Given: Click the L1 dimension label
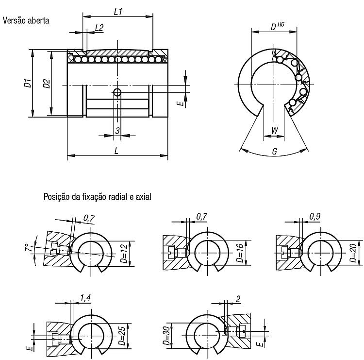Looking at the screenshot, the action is click(118, 12).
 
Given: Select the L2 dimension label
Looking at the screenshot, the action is click(99, 28).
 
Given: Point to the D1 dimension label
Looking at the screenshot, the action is click(28, 83).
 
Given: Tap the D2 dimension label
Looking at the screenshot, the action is click(47, 84).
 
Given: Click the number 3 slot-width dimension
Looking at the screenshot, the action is click(117, 131).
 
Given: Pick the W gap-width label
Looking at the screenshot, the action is click(274, 131).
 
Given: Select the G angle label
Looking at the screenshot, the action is click(275, 152).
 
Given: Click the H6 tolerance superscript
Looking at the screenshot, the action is click(281, 24).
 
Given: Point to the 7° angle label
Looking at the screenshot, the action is click(28, 247).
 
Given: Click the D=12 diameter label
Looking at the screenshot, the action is click(124, 254).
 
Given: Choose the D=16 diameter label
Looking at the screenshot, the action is click(241, 253).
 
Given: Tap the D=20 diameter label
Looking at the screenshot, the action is click(353, 253).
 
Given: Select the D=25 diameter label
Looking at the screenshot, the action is click(123, 335).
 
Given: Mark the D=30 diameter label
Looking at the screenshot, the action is click(166, 336).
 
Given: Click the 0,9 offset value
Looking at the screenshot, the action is click(315, 217).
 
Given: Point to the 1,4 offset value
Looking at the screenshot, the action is click(85, 297).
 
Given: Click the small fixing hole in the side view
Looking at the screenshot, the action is click(117, 92).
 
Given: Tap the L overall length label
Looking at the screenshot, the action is click(116, 151).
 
